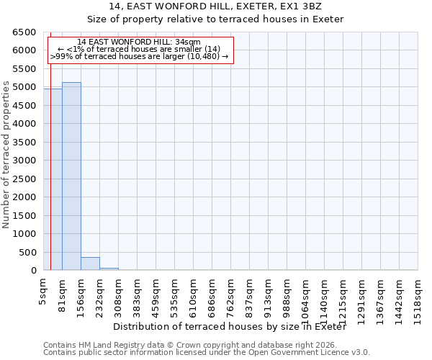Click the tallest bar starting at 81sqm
click(71, 176)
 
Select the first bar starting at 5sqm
click(53, 180)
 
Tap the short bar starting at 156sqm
click(90, 264)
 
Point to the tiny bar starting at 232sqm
click(109, 269)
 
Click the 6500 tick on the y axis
click(24, 32)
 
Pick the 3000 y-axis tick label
click(24, 161)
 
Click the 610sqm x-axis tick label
click(193, 294)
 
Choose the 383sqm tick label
click(137, 294)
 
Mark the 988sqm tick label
click(287, 294)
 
